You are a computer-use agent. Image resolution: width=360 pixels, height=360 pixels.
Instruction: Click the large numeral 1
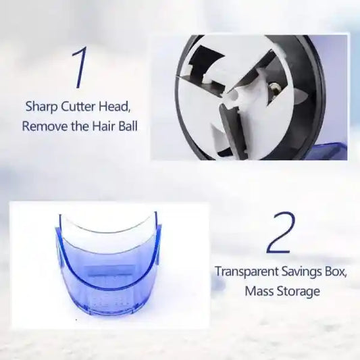(80, 68)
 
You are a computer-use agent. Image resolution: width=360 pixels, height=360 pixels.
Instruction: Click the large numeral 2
(280, 233)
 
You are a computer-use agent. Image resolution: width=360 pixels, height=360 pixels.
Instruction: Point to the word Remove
(43, 126)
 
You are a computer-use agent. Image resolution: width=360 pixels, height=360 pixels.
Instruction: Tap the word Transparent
(247, 272)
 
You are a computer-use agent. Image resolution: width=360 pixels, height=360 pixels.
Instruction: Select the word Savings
(300, 272)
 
